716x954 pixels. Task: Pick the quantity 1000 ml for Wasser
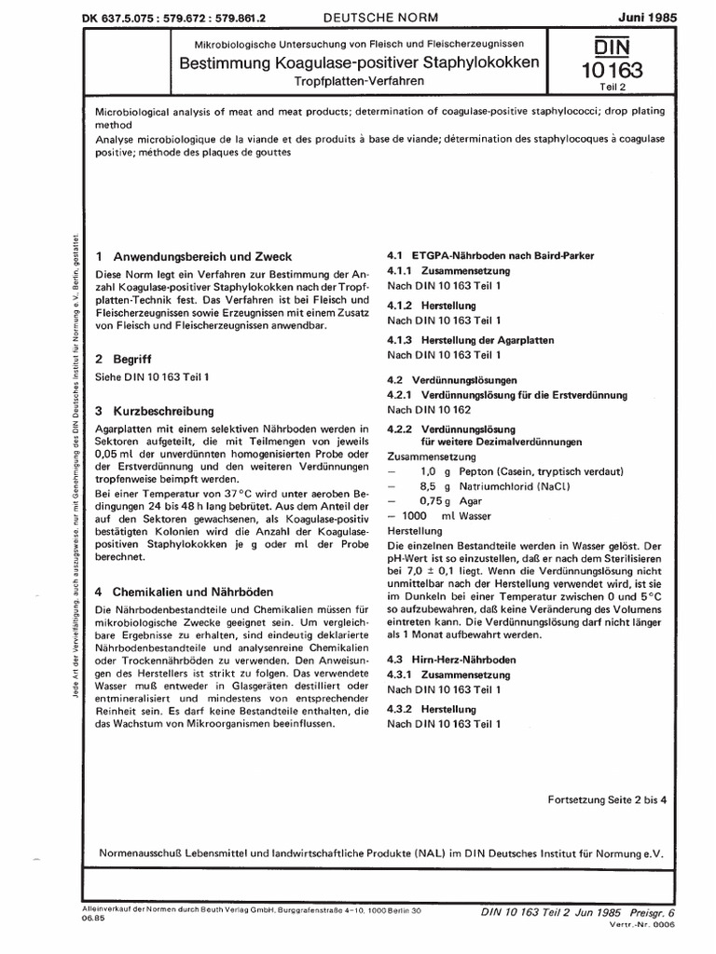pos(424,514)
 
